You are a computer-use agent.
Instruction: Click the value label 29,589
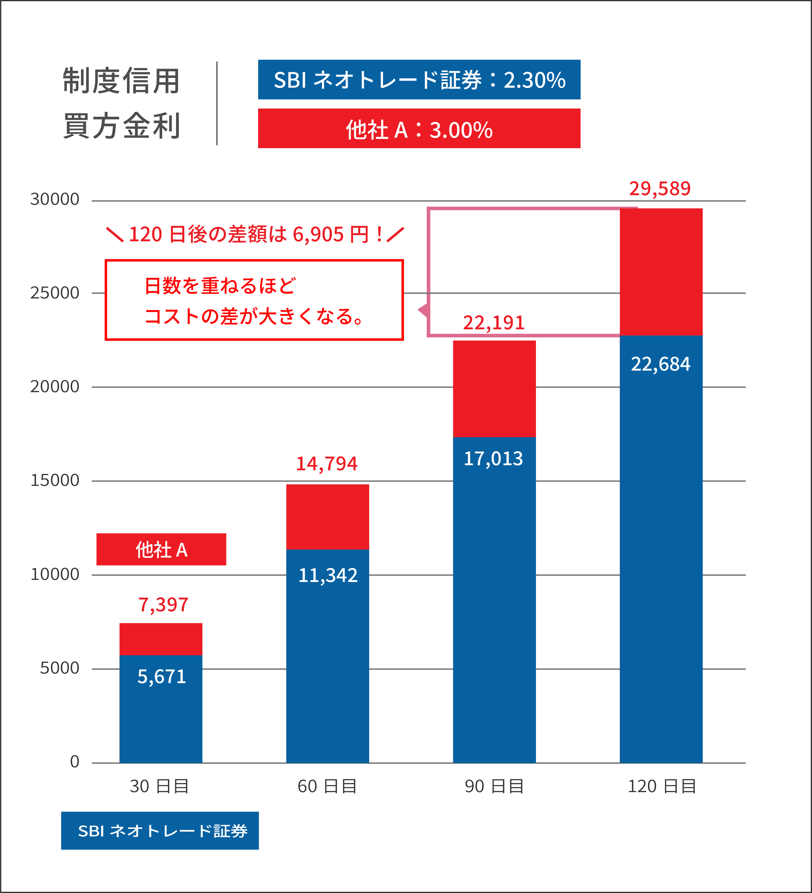[x=660, y=189]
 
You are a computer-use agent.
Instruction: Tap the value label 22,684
[x=660, y=364]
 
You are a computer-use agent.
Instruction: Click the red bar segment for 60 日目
[x=327, y=517]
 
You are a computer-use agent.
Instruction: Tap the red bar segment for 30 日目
[x=161, y=639]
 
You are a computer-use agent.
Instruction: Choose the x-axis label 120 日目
[x=661, y=786]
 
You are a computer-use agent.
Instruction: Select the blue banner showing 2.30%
[x=419, y=80]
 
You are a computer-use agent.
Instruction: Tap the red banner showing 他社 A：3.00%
[x=419, y=129]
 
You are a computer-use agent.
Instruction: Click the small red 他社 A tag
[x=161, y=549]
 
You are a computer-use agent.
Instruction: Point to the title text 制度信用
[x=121, y=81]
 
